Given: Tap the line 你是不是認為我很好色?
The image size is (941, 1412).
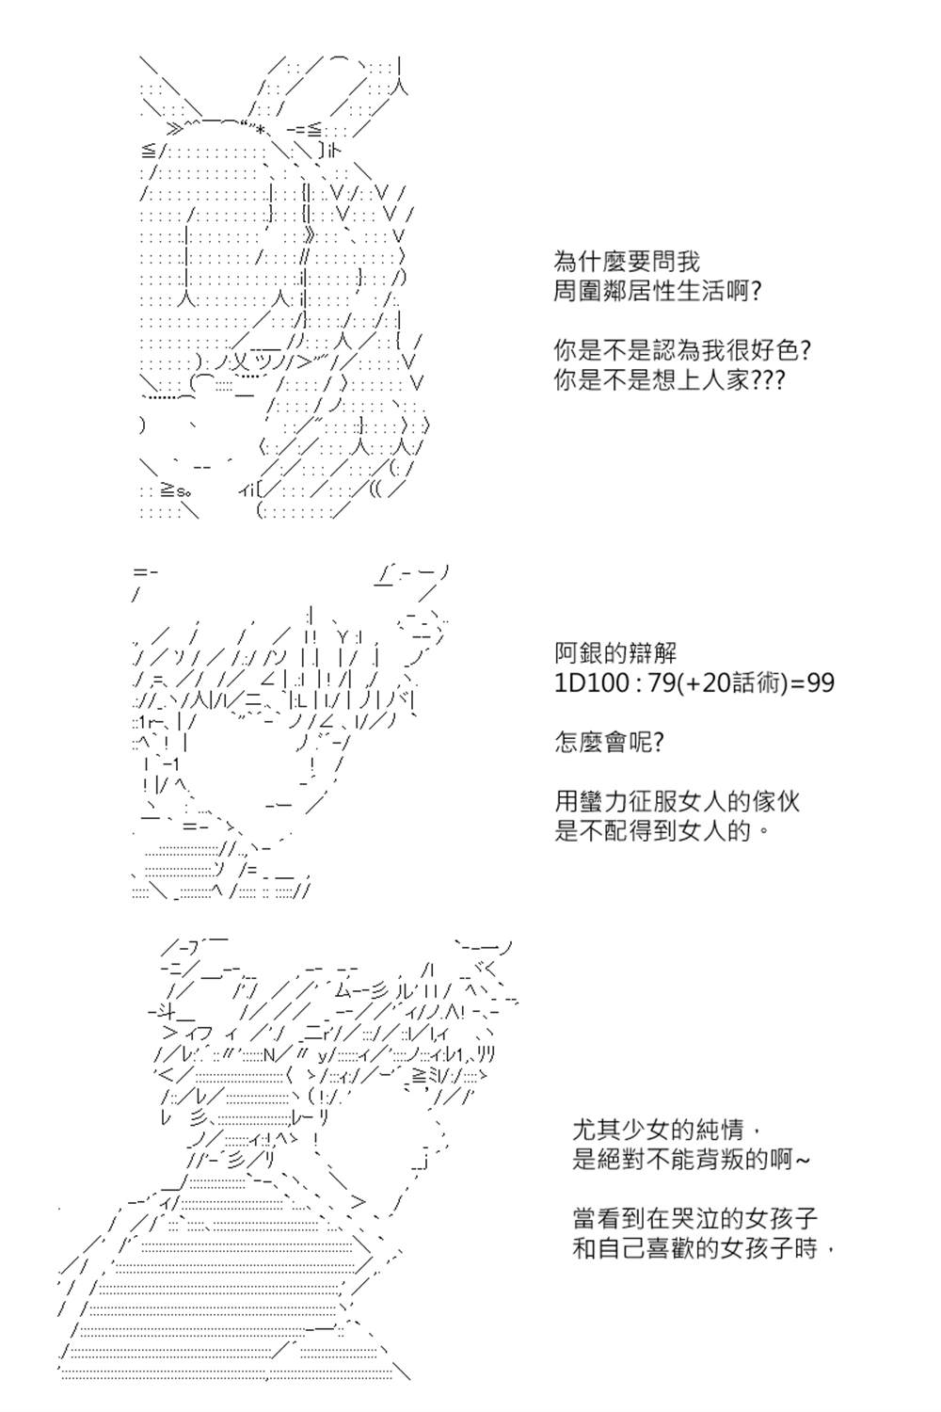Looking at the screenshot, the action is [681, 350].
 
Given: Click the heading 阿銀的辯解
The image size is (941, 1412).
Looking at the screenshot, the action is [615, 653].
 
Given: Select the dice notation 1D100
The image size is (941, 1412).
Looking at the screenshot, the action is [593, 683].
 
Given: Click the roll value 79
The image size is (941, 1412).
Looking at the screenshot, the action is [660, 683].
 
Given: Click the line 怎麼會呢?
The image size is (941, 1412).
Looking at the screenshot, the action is [609, 743].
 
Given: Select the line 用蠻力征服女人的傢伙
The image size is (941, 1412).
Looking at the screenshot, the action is [677, 802].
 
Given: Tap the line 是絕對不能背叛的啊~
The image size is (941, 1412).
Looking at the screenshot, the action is [690, 1160].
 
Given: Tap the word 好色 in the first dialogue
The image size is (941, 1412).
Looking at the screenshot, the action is [774, 350].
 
